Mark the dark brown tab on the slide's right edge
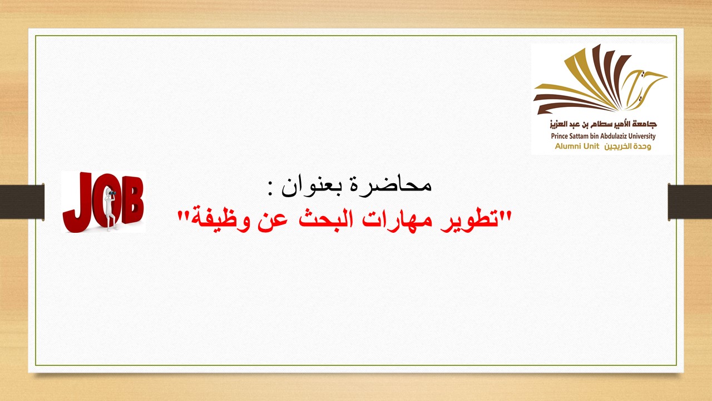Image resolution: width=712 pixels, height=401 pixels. [690, 201]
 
